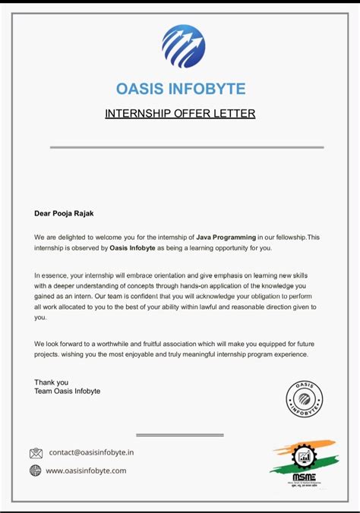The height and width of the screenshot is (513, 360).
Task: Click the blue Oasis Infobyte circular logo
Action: pos(183,46)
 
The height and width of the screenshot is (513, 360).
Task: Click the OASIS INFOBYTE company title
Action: pos(181,89)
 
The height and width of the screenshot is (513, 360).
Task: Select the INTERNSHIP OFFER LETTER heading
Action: pos(180,114)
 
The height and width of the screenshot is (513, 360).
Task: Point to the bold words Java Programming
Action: pos(226,238)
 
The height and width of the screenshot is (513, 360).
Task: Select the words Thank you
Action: pos(51,382)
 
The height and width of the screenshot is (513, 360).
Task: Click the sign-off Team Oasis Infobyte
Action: pos(67,392)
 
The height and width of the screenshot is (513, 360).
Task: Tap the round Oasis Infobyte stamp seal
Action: pos(304,399)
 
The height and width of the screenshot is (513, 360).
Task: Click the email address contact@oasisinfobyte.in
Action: pos(91,452)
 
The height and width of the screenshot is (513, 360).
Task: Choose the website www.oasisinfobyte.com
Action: pos(86,471)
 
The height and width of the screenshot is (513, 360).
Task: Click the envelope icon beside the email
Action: pos(36,453)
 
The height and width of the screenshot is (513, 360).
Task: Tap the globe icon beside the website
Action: pos(36,471)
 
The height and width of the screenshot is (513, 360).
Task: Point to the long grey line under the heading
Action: pos(186,147)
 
